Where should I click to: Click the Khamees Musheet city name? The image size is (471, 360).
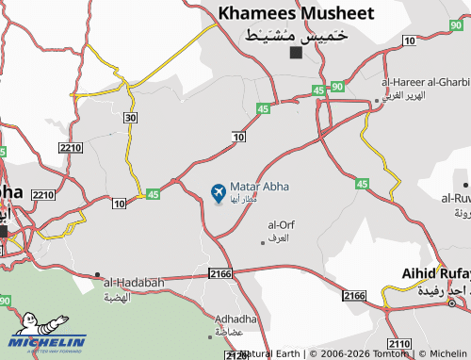pos(296,13)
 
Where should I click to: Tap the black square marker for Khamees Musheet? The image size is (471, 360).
pos(296,52)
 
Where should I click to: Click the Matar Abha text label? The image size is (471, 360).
pos(259,188)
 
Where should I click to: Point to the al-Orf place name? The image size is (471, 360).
pos(282,225)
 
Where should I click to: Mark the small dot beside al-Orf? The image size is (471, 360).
pos(263,243)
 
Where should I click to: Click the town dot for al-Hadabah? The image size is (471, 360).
pos(97,275)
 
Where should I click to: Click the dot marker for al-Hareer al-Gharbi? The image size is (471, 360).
pos(377,100)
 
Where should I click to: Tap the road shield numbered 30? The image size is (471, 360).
pos(129,117)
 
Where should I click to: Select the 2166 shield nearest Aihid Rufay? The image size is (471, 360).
pos(354,296)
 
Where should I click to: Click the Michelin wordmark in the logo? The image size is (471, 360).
pos(48,341)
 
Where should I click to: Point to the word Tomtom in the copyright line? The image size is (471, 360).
pos(390,353)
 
